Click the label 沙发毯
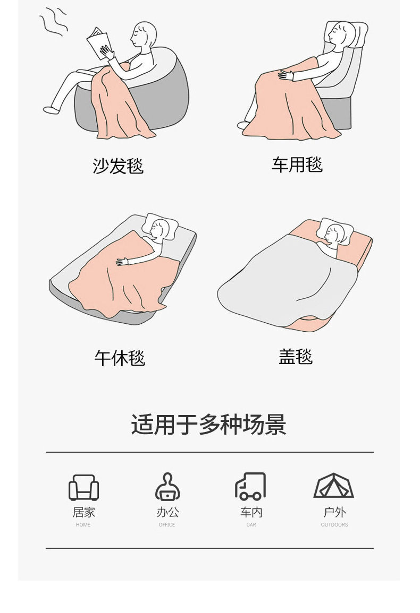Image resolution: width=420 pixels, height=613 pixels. click(x=118, y=166)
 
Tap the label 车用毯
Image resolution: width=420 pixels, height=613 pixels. click(x=297, y=165)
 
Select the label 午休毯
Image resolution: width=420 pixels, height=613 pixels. click(x=120, y=358)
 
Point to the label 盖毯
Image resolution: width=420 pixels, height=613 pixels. click(x=296, y=356)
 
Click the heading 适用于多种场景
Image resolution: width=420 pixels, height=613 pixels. click(x=209, y=425)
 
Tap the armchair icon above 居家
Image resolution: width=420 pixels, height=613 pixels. click(x=83, y=487)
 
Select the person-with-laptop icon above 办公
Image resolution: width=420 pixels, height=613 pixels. click(x=167, y=487)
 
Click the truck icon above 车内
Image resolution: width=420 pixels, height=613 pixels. click(x=250, y=487)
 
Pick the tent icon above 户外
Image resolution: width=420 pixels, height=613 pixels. click(x=334, y=486)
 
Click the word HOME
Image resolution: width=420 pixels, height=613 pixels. click(x=83, y=525)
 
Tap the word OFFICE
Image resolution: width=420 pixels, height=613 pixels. click(x=167, y=525)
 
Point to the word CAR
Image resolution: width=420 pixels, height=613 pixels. click(x=251, y=525)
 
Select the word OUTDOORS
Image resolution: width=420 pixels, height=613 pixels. click(x=334, y=525)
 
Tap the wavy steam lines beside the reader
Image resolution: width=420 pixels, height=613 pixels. click(x=54, y=23)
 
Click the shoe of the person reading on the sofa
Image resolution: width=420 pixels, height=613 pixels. click(x=52, y=110)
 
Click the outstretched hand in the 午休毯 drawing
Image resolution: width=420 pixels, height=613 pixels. click(x=122, y=261)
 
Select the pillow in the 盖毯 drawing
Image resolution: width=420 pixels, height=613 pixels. click(x=334, y=229)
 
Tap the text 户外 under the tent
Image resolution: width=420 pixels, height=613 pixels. click(x=334, y=512)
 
